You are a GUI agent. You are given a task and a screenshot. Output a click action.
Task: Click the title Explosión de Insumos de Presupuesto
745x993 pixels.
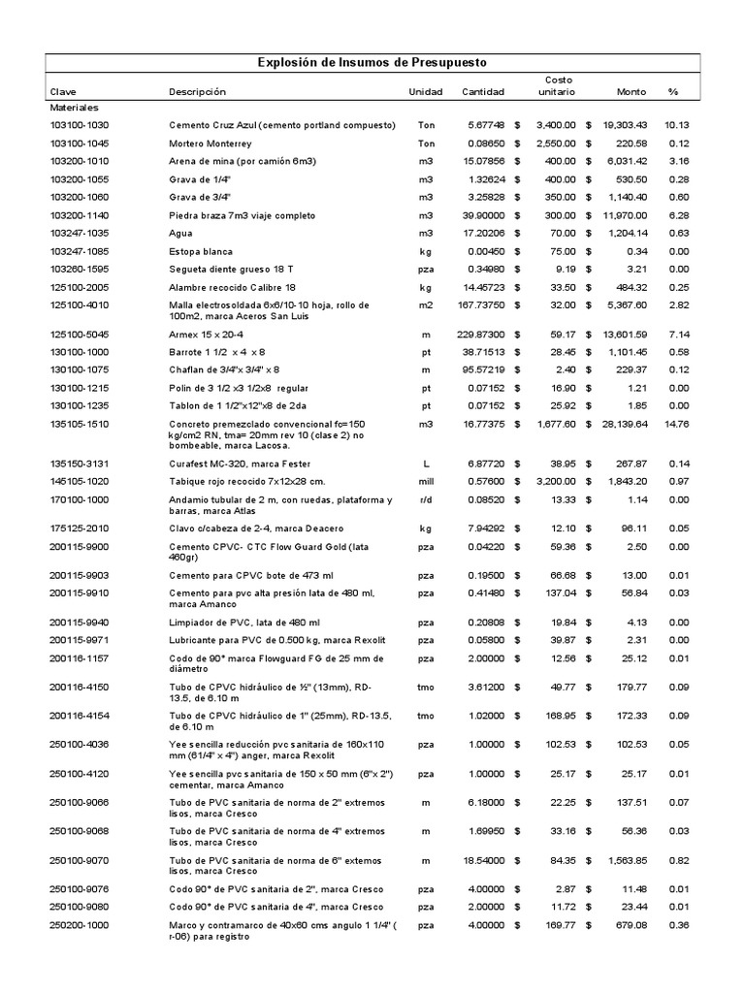[x=372, y=62]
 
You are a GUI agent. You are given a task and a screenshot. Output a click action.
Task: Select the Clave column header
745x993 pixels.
[x=63, y=92]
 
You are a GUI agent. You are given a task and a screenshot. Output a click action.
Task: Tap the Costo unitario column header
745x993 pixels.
[x=556, y=85]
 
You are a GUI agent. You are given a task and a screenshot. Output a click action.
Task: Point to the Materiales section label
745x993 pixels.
[x=76, y=108]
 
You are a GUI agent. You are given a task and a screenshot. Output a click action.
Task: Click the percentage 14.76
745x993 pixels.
[x=676, y=424]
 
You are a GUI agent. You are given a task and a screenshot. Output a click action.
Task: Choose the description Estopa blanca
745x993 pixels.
[x=202, y=250]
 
